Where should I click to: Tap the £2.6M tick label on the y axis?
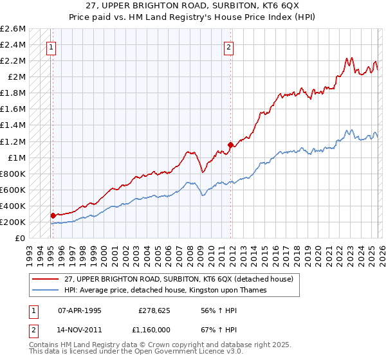click(x=13, y=29)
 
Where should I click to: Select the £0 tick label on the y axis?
click(x=21, y=239)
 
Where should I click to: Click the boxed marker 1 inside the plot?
click(x=51, y=46)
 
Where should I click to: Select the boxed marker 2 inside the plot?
click(x=229, y=46)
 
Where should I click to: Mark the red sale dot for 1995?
click(x=53, y=216)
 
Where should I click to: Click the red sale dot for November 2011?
click(x=230, y=145)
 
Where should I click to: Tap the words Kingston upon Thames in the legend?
click(x=230, y=290)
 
